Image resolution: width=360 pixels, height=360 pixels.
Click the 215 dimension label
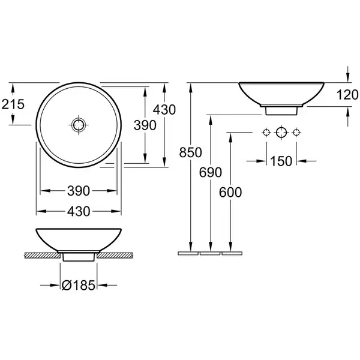[x=13, y=104]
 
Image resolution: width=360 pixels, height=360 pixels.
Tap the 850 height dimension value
[x=191, y=152]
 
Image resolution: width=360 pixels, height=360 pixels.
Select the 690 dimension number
[x=211, y=172]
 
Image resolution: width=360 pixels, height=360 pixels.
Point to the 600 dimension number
[x=230, y=193]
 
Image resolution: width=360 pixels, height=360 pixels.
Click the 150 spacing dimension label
[x=281, y=161]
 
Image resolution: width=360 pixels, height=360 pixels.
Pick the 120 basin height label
[x=347, y=95]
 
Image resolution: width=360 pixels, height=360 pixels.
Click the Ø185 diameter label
[x=78, y=286]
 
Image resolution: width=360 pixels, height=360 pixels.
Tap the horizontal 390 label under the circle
[x=78, y=191]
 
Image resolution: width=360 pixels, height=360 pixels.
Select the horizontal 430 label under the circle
[x=78, y=211]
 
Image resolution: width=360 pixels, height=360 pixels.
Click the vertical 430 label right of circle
[x=164, y=110]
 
